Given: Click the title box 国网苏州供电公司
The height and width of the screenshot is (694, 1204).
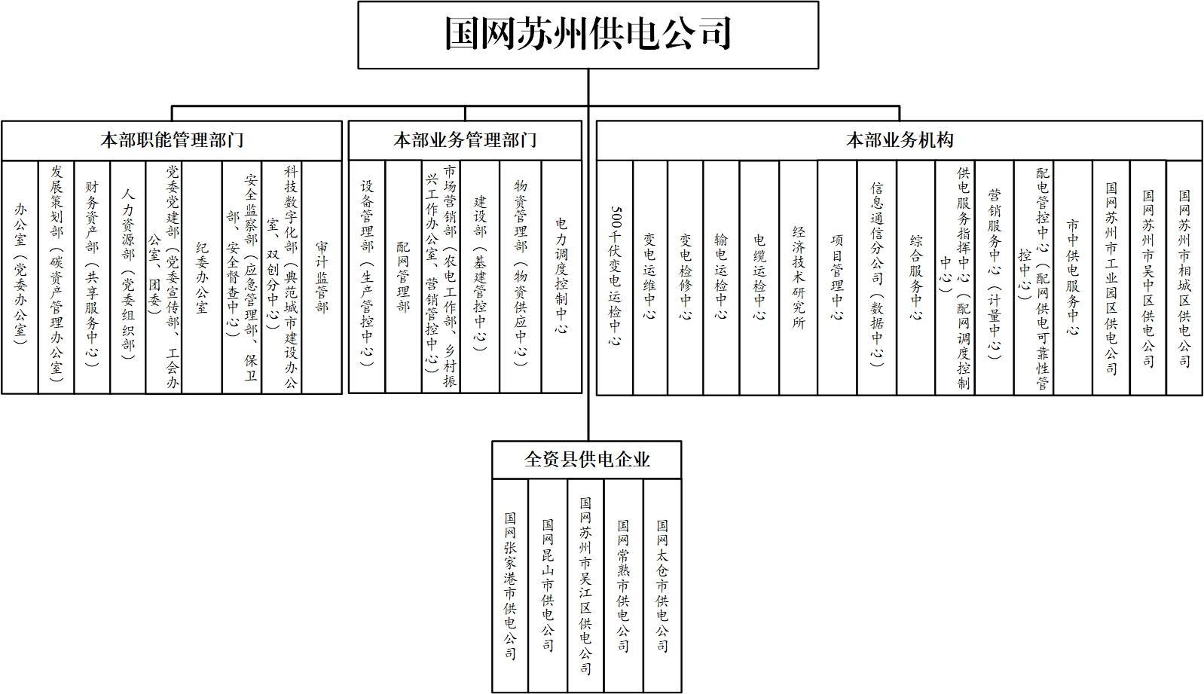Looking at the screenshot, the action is coord(588,35).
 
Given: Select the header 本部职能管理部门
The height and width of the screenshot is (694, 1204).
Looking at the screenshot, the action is coord(172,140).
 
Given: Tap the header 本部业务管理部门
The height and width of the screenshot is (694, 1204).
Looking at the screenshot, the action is coord(465,140).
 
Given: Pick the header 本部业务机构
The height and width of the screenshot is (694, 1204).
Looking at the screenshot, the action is coord(900,140).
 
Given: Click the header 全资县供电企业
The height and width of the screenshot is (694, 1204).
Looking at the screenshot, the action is coord(587,460).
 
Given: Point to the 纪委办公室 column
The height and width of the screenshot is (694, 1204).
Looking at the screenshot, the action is coord(202,277).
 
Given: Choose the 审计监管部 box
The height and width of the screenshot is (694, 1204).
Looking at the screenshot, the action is coord(322,277).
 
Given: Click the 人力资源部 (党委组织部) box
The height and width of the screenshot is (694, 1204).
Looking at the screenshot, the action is coord(128,277).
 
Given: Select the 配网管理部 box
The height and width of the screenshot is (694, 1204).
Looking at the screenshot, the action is coord(403,277).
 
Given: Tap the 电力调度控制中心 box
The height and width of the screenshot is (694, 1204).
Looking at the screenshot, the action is coord(561,277).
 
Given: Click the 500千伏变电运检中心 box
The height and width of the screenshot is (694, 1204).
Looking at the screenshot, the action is coord(615,277).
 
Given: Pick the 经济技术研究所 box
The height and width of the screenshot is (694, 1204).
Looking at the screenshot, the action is coord(799,277).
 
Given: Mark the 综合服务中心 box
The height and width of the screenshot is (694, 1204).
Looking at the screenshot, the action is coord(916,277).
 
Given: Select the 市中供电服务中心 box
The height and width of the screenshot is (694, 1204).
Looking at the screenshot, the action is coord(1073,277).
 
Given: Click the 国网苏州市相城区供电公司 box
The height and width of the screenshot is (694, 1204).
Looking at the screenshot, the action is coord(1184,277).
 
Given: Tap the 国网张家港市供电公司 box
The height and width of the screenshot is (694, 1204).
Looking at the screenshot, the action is coord(510,585).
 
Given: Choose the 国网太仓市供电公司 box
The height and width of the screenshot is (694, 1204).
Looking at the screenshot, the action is coord(662,585).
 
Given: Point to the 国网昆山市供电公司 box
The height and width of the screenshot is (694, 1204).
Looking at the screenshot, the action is coord(548,585).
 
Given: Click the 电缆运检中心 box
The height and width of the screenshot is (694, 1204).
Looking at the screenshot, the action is coord(759,277).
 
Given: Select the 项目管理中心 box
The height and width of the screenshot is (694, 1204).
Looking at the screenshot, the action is coord(837,277).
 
